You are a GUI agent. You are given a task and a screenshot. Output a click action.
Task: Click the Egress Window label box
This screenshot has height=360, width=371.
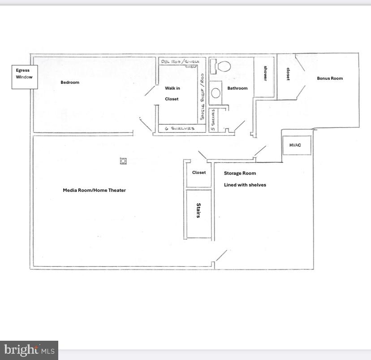25,77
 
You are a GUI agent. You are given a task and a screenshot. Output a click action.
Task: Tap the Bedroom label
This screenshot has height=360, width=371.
70,82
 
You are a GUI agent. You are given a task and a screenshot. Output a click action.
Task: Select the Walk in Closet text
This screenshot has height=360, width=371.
172,94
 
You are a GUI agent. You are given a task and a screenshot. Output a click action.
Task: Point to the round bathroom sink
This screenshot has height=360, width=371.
216,93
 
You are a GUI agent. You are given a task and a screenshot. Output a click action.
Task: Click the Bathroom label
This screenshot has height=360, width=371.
237,88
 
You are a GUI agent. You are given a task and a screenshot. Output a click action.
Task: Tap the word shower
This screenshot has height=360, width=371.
265,74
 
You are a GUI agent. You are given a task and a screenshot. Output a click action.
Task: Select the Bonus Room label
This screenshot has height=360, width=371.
330,78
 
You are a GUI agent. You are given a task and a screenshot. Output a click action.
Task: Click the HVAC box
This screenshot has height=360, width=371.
295,145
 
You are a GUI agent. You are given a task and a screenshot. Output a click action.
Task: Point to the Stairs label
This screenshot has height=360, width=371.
198,210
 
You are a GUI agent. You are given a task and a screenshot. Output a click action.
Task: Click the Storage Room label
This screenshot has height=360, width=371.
240,173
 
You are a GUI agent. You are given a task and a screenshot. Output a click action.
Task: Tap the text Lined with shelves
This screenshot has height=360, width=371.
245,185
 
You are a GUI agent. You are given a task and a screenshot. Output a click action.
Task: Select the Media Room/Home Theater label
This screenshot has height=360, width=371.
94,190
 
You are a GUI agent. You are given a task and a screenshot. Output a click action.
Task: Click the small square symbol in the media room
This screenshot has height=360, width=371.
123,161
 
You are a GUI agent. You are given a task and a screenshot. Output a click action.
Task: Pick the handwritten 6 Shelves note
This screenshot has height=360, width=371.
180,129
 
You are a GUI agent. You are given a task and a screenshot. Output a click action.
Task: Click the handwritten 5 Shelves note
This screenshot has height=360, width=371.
213,120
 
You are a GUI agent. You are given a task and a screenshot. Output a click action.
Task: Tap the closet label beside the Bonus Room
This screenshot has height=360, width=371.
288,74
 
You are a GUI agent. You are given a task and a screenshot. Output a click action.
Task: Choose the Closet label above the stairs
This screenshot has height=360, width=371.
199,173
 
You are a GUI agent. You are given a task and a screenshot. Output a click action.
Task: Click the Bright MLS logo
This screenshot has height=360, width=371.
29,350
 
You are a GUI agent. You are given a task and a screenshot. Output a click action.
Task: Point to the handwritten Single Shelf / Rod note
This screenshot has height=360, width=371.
203,96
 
